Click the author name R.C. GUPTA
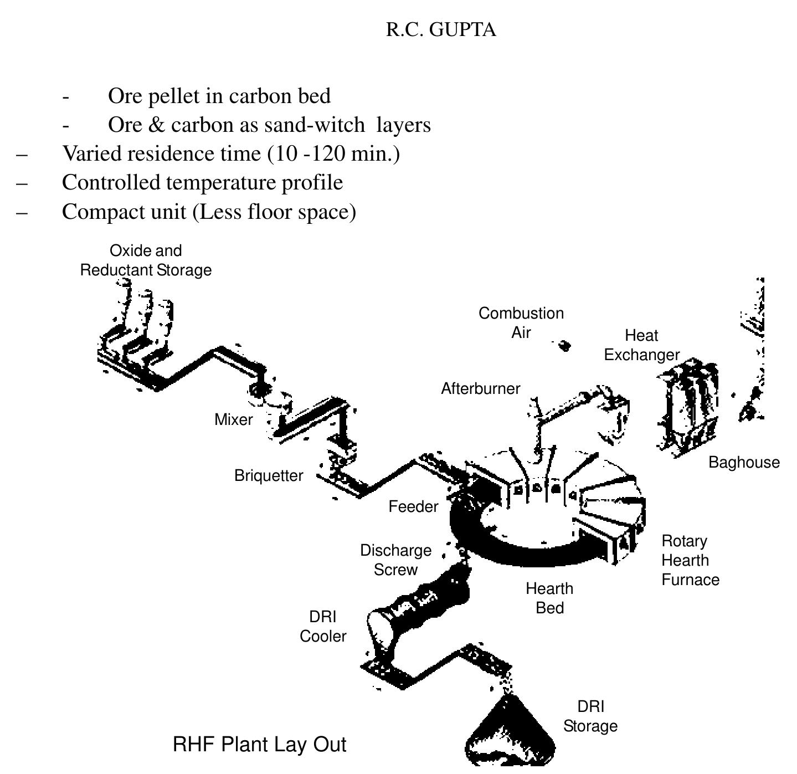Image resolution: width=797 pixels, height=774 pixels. click(441, 29)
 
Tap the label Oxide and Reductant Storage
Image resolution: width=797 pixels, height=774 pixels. click(146, 260)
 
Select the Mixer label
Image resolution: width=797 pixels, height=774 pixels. click(233, 420)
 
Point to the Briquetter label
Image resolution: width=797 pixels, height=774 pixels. click(269, 476)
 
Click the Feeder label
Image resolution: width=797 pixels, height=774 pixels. click(413, 507)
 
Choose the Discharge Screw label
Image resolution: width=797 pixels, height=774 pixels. click(395, 560)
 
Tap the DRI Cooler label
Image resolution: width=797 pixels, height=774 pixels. click(323, 627)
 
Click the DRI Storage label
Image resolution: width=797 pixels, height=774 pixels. click(590, 716)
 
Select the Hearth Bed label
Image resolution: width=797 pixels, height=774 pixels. click(549, 598)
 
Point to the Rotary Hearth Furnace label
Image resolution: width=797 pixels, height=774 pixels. click(690, 561)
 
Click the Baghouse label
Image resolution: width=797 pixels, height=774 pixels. click(744, 463)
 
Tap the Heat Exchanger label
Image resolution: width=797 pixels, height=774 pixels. click(641, 345)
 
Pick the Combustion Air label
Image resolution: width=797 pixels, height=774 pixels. click(521, 323)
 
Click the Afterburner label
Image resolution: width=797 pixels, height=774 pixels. click(480, 389)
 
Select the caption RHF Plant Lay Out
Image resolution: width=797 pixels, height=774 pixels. click(259, 745)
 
